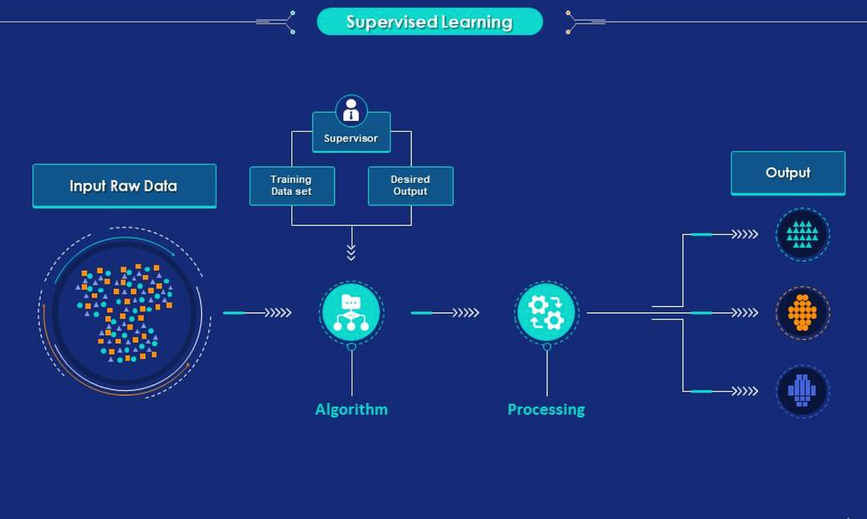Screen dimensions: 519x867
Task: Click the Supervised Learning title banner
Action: tap(429, 22)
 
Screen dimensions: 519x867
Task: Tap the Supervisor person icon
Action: tap(351, 111)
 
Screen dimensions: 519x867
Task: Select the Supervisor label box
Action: tap(351, 138)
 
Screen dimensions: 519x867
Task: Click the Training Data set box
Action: tap(292, 186)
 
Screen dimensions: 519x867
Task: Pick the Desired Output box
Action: tap(410, 186)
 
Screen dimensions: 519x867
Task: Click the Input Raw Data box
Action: tap(124, 186)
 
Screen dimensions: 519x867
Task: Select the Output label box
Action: tap(788, 173)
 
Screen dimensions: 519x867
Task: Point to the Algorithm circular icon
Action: tap(351, 312)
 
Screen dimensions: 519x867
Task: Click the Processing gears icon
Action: tap(546, 312)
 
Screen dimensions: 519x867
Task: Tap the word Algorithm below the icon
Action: tap(351, 410)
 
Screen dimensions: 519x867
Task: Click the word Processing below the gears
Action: tap(546, 410)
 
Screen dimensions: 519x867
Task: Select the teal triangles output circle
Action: tap(802, 234)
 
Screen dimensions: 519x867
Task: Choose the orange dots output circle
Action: tap(802, 313)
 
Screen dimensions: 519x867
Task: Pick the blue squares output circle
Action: tap(802, 391)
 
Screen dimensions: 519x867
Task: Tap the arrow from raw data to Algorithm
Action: tap(257, 313)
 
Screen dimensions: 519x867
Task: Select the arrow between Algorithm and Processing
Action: tap(445, 313)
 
